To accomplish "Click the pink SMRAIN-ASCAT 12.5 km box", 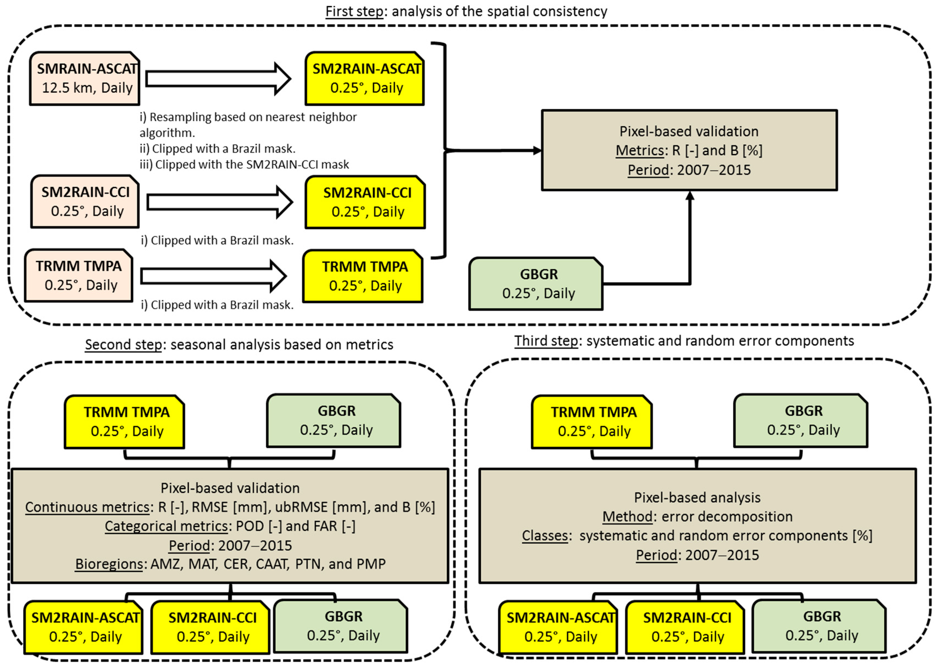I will pos(84,78).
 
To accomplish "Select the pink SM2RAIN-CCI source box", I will pos(85,202).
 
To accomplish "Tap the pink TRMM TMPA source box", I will pos(79,276).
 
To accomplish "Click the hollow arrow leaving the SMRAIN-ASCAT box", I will pos(218,79).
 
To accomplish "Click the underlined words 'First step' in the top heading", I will pos(354,11).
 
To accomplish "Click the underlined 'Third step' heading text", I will pos(546,341).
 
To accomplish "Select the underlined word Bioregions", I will pos(109,564).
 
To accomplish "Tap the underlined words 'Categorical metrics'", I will pos(166,526).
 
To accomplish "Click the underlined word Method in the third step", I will pos(627,516).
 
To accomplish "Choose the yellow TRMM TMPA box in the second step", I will pos(124,422).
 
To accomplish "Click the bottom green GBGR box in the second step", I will pos(341,626).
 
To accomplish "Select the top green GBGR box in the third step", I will pos(801,421).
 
